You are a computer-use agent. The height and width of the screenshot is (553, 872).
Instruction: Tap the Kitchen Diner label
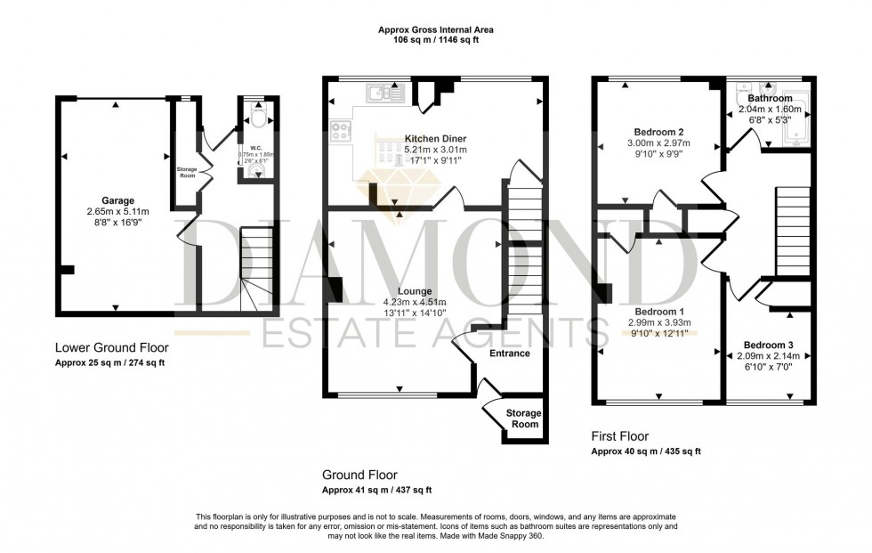coord(435,139)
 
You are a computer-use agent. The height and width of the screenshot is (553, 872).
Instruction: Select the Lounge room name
coord(414,291)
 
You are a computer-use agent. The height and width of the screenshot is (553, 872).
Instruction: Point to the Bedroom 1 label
coord(659,311)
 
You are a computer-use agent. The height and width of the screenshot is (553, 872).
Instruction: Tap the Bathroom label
coord(770,98)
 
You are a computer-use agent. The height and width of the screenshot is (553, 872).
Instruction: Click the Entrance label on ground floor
coord(510,354)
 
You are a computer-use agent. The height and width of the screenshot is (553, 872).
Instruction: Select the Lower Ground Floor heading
coord(111,347)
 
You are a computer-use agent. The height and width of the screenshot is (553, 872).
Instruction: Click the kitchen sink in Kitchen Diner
coord(386,91)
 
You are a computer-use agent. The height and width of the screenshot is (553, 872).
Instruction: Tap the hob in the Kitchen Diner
coord(341,131)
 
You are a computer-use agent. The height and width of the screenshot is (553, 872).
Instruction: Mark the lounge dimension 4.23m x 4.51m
coord(414,302)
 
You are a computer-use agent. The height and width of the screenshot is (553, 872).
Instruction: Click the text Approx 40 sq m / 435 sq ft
coord(646,452)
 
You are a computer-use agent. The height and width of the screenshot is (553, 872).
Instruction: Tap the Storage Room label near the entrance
coord(523,419)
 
